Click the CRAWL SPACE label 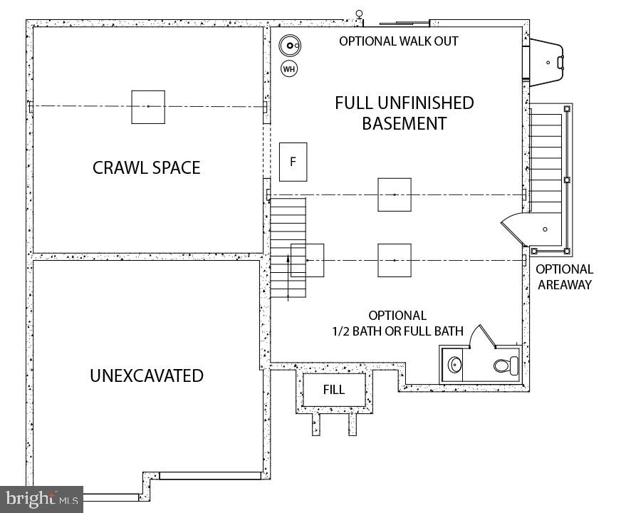click(x=146, y=167)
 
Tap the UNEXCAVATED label click(x=147, y=375)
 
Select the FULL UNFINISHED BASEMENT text click(x=404, y=113)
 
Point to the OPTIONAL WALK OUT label click(x=398, y=41)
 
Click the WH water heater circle click(x=288, y=69)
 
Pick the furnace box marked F click(x=293, y=162)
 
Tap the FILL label click(x=333, y=390)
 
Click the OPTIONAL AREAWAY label click(x=565, y=277)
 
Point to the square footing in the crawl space click(x=148, y=107)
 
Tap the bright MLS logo click(x=41, y=498)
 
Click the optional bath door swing click(x=477, y=335)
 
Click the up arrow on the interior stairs click(x=288, y=274)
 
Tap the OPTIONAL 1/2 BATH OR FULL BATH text click(x=397, y=323)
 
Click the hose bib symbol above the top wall click(x=360, y=14)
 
